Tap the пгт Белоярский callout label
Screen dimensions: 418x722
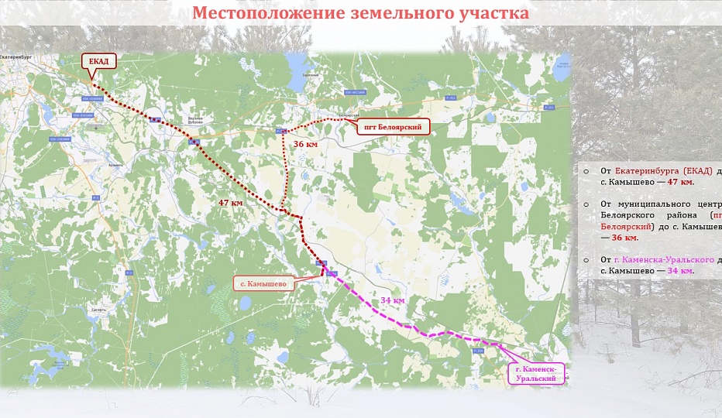(x=393, y=126)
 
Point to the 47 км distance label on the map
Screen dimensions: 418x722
(x=230, y=203)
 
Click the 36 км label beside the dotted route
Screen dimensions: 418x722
(x=305, y=145)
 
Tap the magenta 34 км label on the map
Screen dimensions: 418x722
(x=393, y=300)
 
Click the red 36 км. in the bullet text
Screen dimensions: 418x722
(x=620, y=238)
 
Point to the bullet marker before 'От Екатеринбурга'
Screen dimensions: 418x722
(x=586, y=170)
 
